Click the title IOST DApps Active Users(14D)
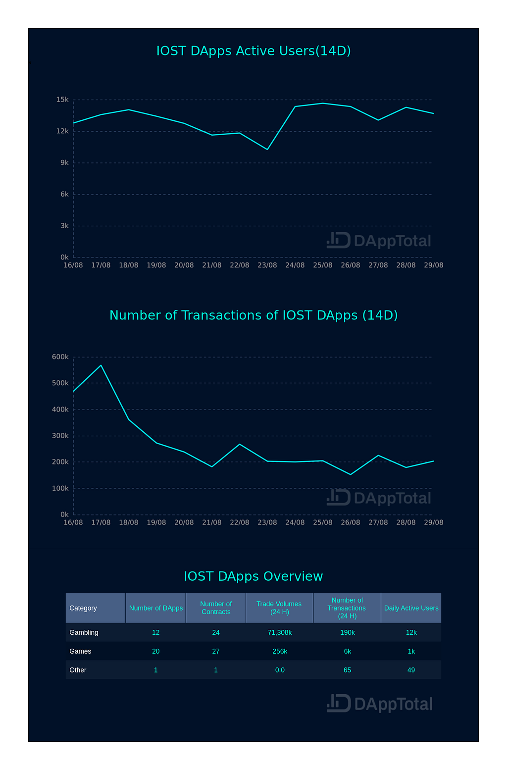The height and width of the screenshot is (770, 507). tap(253, 51)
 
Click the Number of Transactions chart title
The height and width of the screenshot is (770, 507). tap(253, 315)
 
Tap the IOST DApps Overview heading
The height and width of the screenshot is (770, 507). tap(253, 576)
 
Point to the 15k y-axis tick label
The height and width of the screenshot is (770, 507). tap(62, 100)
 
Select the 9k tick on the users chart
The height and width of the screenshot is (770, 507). tap(64, 163)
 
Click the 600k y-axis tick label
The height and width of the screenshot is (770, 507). tap(60, 357)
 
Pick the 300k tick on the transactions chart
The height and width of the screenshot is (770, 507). tap(60, 436)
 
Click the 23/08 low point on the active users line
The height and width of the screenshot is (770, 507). tap(267, 149)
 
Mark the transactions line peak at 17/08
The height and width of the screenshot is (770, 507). tap(101, 365)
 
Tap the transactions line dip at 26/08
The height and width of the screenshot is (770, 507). tap(351, 474)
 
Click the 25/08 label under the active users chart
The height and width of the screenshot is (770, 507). tap(323, 265)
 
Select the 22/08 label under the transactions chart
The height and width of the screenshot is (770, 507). tap(240, 522)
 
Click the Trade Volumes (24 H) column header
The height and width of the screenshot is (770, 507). tap(279, 608)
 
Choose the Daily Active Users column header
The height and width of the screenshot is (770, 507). tap(411, 608)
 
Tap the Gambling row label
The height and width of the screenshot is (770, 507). tap(84, 632)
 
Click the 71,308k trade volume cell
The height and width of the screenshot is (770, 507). tap(280, 632)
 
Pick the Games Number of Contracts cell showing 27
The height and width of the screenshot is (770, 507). tap(216, 651)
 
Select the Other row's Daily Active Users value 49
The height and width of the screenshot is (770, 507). tap(411, 670)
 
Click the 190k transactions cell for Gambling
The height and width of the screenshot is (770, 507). tap(347, 632)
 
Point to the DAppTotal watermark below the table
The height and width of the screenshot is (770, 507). tap(380, 704)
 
